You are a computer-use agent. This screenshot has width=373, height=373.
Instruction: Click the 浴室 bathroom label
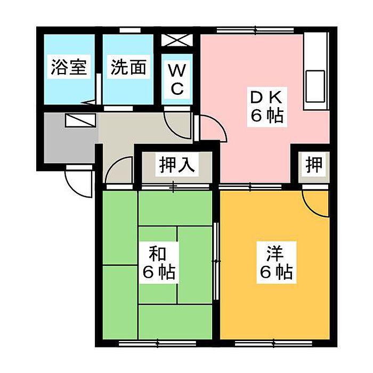[x=69, y=68]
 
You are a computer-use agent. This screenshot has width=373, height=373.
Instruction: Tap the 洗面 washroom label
[x=128, y=68]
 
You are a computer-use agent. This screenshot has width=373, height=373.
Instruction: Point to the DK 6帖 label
[x=266, y=107]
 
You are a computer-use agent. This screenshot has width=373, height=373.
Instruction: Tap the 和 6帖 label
[x=159, y=263]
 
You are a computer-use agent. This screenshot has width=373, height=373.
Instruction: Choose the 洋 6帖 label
[x=275, y=263]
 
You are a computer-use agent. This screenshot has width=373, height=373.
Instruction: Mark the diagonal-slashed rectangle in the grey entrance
[x=80, y=120]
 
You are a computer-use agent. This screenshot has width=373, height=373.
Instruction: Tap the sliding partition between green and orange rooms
[x=216, y=256]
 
